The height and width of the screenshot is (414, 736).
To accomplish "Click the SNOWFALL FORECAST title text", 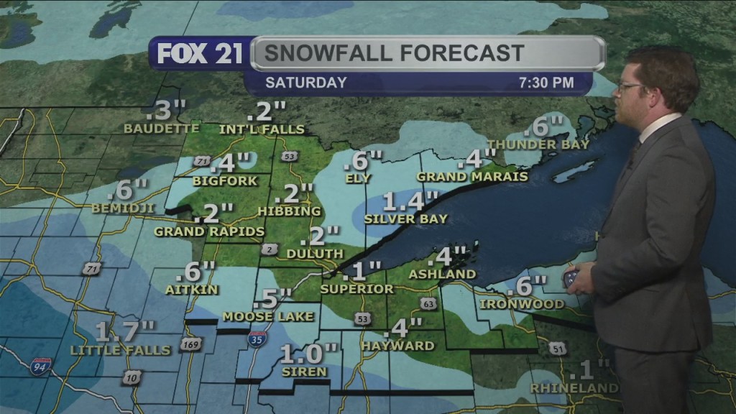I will [x=393, y=53].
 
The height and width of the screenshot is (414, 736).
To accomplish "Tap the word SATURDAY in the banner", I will [x=306, y=83].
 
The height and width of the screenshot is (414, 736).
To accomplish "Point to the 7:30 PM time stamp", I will [x=546, y=83].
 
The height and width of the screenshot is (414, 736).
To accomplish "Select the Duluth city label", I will [x=315, y=254].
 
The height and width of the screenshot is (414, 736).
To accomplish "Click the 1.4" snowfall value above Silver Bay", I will [x=410, y=201].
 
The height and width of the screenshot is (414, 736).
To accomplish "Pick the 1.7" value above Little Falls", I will [x=125, y=331].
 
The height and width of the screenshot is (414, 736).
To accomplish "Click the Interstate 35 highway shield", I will [x=255, y=339].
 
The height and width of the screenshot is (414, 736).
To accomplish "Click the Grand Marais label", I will [x=472, y=176].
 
